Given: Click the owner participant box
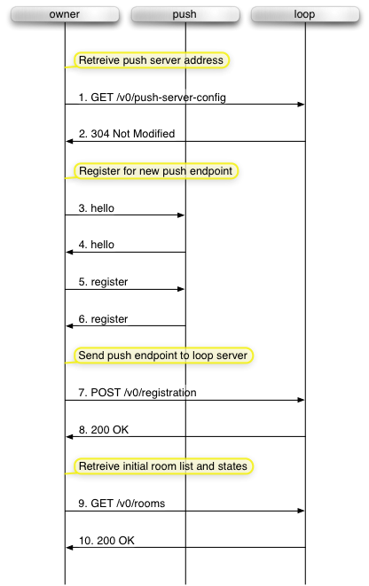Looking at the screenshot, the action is [x=65, y=14].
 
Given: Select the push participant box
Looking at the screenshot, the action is [x=185, y=14].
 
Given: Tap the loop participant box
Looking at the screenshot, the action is [x=305, y=14].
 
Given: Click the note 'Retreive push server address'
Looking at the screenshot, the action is [x=151, y=60].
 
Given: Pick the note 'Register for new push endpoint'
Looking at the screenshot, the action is [x=156, y=171].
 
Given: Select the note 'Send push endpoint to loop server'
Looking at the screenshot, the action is [x=163, y=356].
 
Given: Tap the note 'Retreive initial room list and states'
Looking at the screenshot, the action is [x=163, y=466].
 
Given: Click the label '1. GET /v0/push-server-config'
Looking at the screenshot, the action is [x=153, y=98].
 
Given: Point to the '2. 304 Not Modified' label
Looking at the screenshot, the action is [x=127, y=134].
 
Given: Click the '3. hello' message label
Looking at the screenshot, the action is [x=97, y=208].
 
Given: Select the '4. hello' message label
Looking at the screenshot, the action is [x=97, y=245].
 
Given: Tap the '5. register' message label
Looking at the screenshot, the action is [x=103, y=282].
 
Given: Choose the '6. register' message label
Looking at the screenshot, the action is [x=103, y=319].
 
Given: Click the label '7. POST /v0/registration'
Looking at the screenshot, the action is [x=137, y=393].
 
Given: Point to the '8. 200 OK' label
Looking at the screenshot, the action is [x=104, y=430].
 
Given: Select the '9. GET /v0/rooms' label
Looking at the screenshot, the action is [x=122, y=504].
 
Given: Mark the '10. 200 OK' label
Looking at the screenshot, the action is [x=106, y=541].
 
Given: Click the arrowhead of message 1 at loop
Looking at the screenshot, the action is [x=302, y=105].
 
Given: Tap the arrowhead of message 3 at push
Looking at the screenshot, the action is [x=181, y=215].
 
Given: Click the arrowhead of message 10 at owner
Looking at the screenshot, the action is [x=69, y=548].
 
